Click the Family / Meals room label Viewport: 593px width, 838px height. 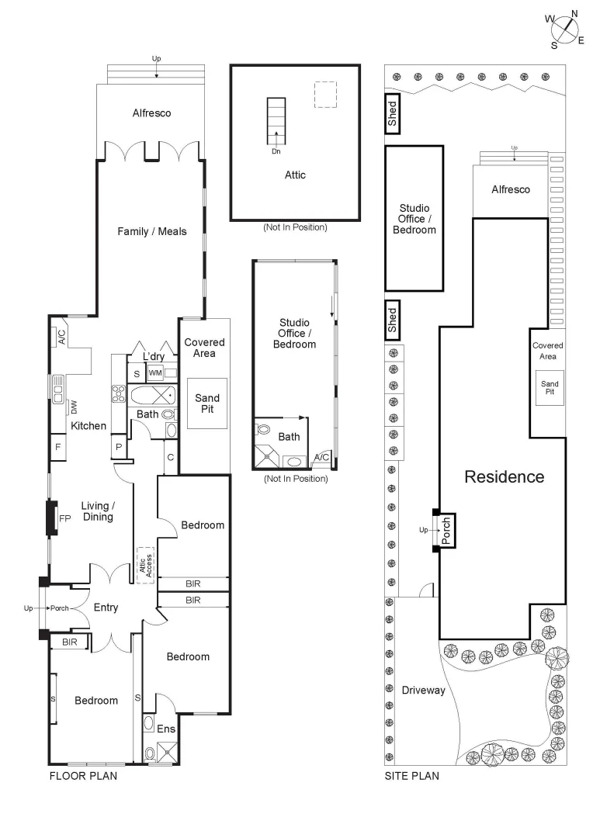click(x=151, y=231)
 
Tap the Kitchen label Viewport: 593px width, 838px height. click(x=88, y=425)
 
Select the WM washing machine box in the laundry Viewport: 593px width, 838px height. click(x=154, y=373)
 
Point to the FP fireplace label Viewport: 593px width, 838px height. click(x=65, y=518)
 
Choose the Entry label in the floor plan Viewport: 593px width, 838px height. click(x=105, y=608)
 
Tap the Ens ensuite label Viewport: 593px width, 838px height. click(x=165, y=729)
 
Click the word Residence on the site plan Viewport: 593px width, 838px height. click(x=504, y=476)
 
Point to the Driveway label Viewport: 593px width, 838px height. click(x=423, y=690)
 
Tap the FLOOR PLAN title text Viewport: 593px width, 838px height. click(x=83, y=775)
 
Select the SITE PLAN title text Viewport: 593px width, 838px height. click(x=411, y=775)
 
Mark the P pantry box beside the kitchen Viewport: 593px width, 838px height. click(x=120, y=448)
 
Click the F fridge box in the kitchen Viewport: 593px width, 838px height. click(x=58, y=447)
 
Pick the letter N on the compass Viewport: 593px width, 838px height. click(x=574, y=13)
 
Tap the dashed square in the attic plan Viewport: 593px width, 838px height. click(x=325, y=94)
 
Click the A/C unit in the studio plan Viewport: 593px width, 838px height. click(x=321, y=459)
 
